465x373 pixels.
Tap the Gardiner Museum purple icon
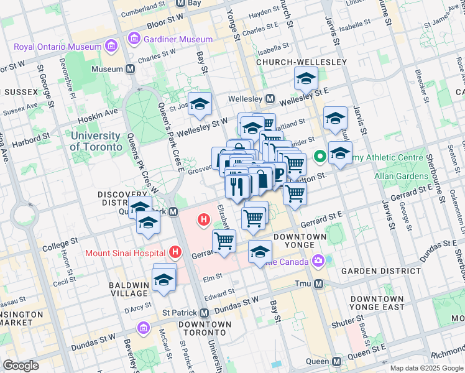coord(133,40)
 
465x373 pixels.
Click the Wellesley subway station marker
coord(270,99)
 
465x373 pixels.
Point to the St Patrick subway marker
coord(205,313)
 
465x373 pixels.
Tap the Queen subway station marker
coord(336,361)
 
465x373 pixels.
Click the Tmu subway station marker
coord(319,283)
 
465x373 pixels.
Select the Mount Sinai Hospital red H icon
coord(175,252)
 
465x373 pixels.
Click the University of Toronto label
coord(96,141)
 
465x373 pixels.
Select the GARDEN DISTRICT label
coord(372,271)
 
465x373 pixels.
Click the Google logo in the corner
coord(21,366)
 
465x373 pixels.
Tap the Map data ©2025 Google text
coord(426,368)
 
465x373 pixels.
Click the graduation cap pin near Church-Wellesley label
coord(306,79)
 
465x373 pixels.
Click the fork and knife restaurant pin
coord(237,186)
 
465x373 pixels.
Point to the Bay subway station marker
coord(181,3)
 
